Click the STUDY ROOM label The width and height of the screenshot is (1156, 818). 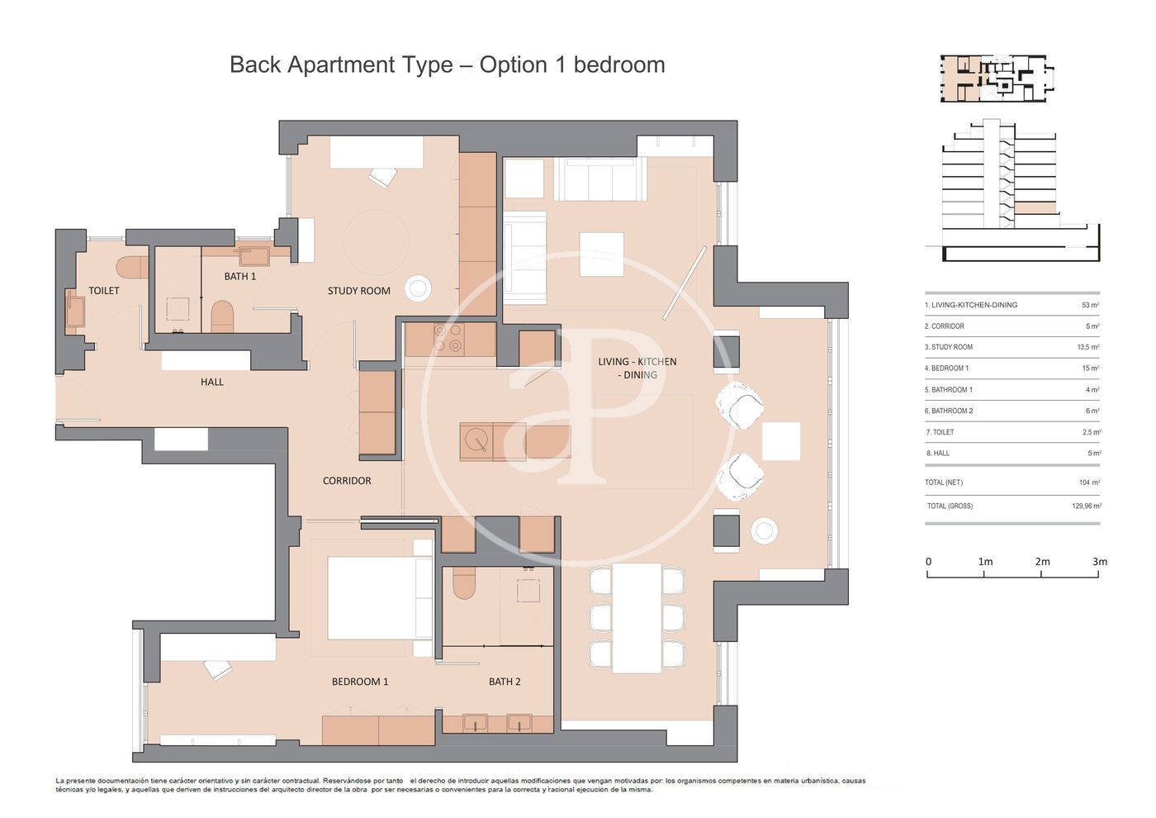pos(358,291)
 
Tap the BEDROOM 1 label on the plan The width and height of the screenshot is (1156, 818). pos(360,682)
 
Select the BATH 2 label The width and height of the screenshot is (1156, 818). pos(505,682)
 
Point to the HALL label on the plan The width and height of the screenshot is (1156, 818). pos(212,382)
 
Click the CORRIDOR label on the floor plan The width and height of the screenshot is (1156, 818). pos(347,481)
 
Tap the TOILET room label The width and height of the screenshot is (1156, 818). pos(104,291)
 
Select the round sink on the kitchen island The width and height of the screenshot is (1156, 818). pos(476,440)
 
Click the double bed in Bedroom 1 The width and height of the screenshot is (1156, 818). pos(380,598)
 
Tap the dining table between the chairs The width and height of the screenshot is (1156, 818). pos(637,618)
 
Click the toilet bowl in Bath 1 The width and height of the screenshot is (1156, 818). pos(222,316)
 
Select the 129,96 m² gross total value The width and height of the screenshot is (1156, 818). pos(1087,506)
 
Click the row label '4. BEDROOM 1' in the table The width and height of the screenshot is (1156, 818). pos(946,369)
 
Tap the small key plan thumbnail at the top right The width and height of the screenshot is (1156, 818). pos(997,78)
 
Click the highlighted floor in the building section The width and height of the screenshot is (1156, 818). pos(1035,208)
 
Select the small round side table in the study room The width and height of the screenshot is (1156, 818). pos(418,288)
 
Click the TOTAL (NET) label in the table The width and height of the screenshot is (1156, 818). pos(943,483)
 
